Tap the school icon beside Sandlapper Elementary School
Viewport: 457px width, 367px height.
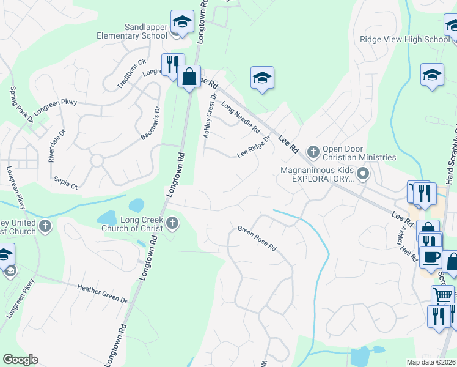pyautogui.click(x=181, y=23)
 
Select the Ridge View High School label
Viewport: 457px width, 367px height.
pyautogui.click(x=404, y=39)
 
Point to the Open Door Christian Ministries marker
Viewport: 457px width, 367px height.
pyautogui.click(x=313, y=151)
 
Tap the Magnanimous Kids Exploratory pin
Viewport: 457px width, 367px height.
pyautogui.click(x=364, y=174)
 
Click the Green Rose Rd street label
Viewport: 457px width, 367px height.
pyautogui.click(x=257, y=239)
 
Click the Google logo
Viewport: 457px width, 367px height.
pyautogui.click(x=20, y=360)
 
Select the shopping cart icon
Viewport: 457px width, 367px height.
pyautogui.click(x=442, y=296)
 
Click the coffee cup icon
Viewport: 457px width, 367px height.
pyautogui.click(x=430, y=258)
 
